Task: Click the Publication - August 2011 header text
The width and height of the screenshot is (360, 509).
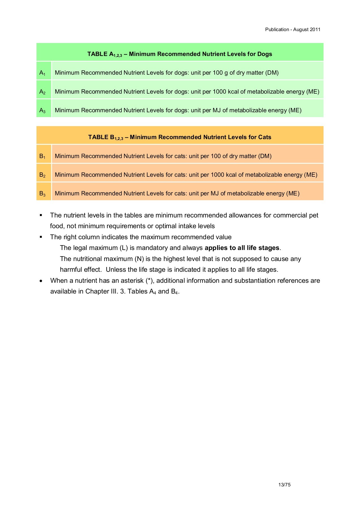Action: pyautogui.click(x=292, y=29)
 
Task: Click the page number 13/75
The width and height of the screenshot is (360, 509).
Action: pyautogui.click(x=284, y=485)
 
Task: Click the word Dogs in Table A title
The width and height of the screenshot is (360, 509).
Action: pyautogui.click(x=264, y=54)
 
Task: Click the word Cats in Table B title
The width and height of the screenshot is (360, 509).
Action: pyautogui.click(x=264, y=137)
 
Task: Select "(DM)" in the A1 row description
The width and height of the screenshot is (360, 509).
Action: pyautogui.click(x=272, y=73)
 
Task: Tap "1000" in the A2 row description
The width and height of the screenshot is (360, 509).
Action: pyautogui.click(x=219, y=92)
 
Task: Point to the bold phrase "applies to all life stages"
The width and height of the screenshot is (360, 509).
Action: pyautogui.click(x=242, y=248)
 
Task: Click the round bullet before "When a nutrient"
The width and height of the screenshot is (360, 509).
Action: pyautogui.click(x=41, y=281)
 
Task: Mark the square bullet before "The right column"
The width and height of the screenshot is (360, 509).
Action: pyautogui.click(x=41, y=237)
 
